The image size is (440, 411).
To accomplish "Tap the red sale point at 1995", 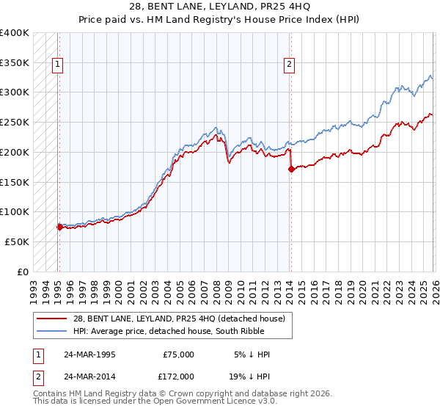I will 59,227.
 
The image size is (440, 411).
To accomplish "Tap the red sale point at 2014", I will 291,169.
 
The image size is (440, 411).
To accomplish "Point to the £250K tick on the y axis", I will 15,123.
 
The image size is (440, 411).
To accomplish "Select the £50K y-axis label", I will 18,241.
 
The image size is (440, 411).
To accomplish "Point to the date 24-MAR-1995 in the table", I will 89,354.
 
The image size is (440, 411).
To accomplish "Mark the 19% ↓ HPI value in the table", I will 249,376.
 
